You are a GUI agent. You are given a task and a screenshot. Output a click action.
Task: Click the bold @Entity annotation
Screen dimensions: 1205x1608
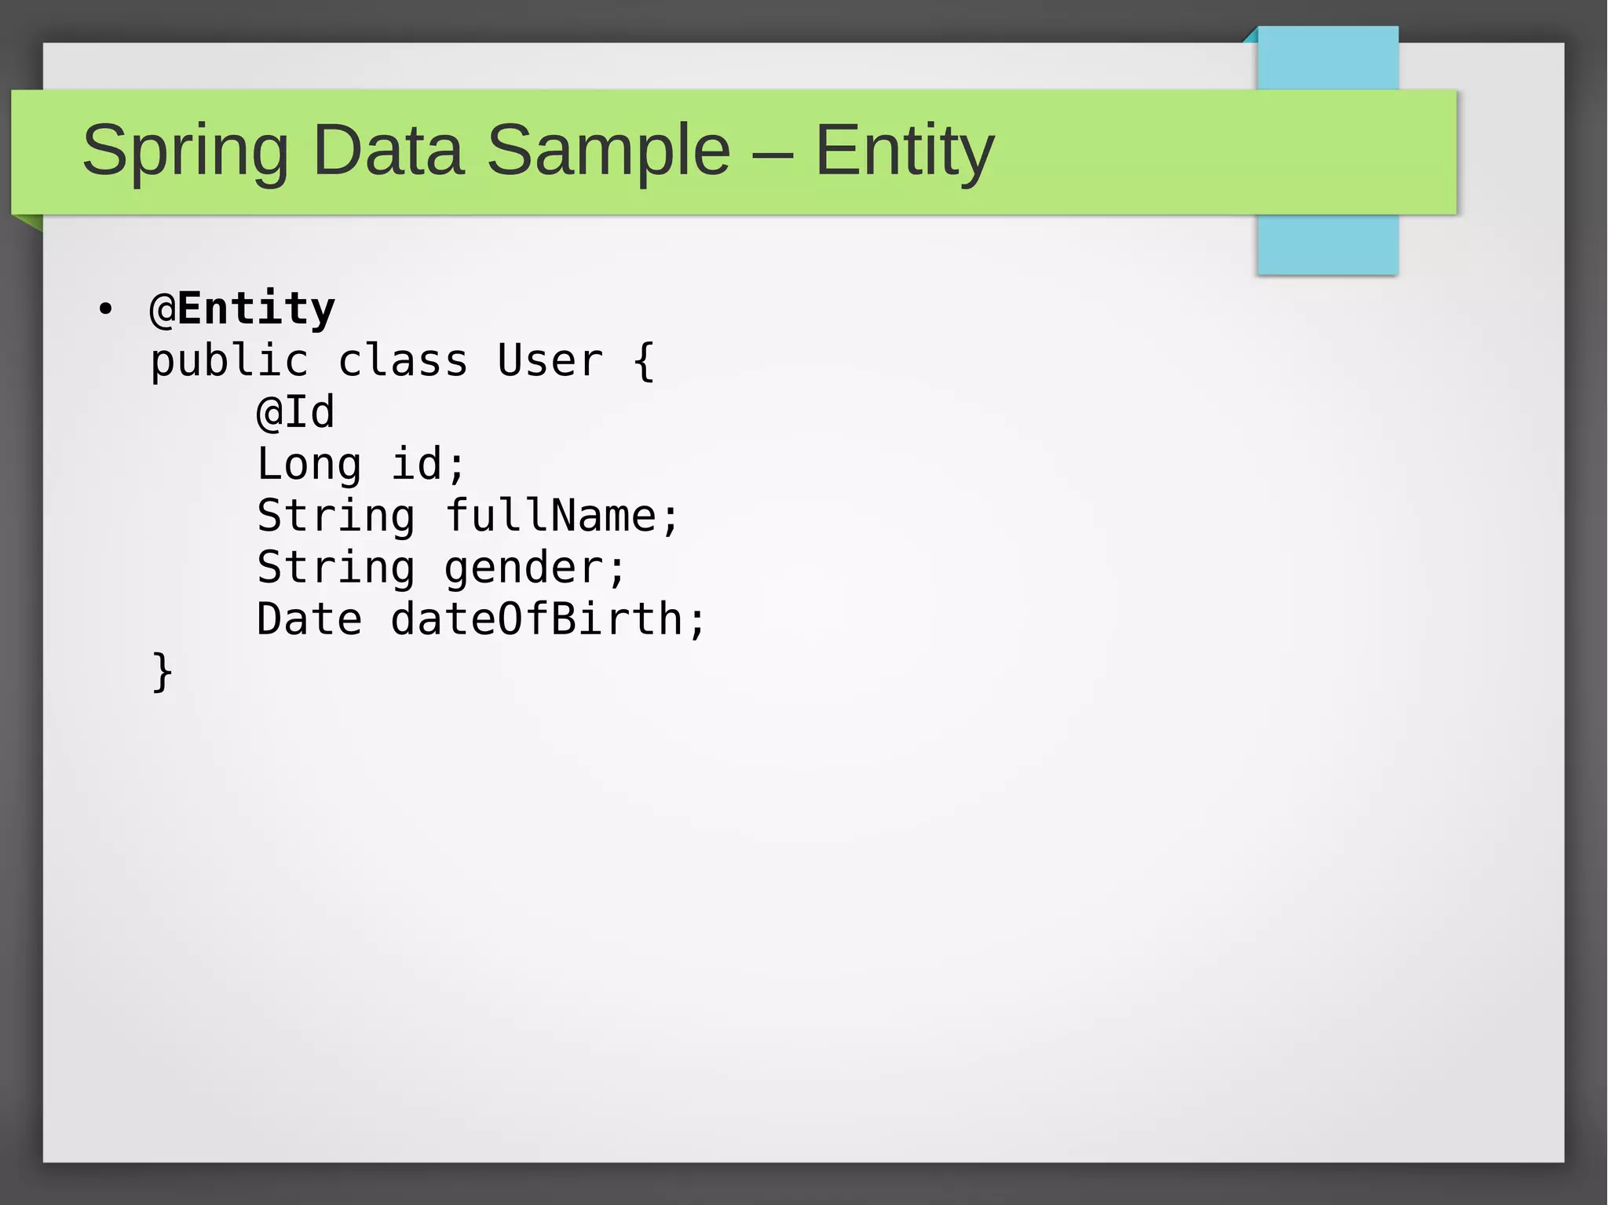[243, 309]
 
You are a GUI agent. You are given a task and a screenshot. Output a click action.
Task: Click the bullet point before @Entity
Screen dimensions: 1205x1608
[106, 309]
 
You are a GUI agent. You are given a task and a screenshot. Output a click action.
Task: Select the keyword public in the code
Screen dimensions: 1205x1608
[229, 361]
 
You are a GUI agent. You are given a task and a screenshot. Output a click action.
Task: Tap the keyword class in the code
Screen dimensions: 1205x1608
[403, 361]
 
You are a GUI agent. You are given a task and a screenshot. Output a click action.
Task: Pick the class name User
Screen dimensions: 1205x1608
[550, 361]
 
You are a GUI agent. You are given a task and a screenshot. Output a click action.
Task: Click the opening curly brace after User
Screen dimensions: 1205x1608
[644, 361]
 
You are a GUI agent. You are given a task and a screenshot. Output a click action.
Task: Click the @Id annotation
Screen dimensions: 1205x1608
[296, 413]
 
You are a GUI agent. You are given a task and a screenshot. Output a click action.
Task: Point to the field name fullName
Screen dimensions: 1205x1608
[552, 516]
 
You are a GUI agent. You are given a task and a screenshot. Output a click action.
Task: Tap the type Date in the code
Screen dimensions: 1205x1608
[309, 619]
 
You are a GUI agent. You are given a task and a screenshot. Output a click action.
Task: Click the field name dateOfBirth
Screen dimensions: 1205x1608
[537, 619]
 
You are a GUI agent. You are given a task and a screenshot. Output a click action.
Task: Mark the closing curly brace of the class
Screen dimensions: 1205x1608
[162, 671]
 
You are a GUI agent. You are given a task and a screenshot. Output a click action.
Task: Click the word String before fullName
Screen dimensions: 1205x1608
[336, 516]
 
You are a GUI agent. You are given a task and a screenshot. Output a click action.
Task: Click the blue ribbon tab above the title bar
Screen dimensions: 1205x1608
[1328, 58]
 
